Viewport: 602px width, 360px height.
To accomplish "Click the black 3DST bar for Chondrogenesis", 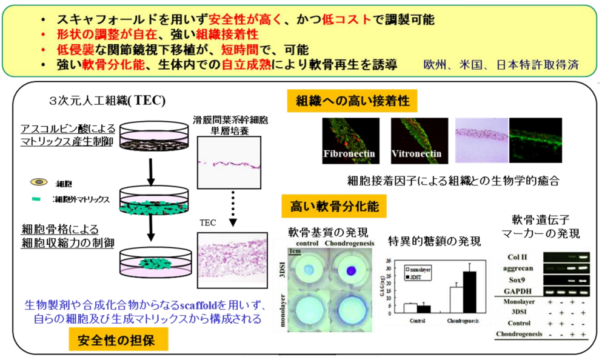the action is coord(469,291).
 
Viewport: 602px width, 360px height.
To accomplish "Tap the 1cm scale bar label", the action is coord(296,250).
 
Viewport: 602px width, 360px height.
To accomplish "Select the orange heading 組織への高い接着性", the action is coord(352,101).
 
